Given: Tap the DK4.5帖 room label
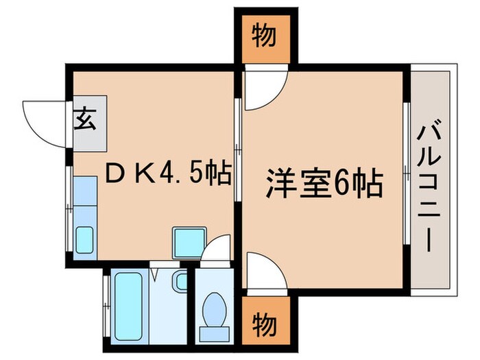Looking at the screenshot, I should pos(166,173).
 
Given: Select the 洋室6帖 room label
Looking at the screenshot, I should pos(324,184).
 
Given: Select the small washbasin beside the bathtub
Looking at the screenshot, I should pos(180,280).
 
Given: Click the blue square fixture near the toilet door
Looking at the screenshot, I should pos(187,241).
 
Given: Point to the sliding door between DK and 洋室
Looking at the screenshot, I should pos(237,151).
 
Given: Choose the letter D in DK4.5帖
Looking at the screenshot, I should pos(114,173).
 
